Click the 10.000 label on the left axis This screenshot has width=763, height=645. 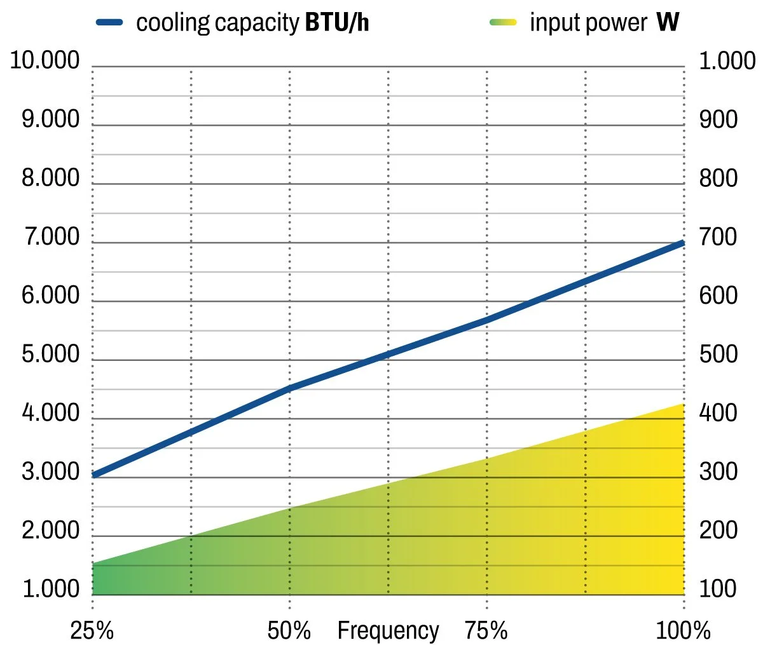45,61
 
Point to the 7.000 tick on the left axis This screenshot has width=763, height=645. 51,238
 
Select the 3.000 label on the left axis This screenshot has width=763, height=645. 51,472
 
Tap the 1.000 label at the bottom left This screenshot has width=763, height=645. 51,589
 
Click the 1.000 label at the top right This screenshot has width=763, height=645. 727,61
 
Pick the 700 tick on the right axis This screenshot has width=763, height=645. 718,238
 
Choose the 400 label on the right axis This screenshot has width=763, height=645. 718,414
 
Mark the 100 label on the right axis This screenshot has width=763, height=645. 718,589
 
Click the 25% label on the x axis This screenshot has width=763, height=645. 92,631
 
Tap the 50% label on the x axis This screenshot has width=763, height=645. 289,631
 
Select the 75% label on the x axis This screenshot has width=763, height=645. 486,631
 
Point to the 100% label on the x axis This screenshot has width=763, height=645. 684,631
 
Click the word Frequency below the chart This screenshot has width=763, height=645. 388,631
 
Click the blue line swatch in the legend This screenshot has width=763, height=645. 109,22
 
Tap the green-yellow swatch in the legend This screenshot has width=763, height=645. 503,22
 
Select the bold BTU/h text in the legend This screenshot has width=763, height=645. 337,23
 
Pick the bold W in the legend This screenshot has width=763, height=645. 668,23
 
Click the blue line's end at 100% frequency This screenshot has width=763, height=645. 683,243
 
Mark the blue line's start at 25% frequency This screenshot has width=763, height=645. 94,475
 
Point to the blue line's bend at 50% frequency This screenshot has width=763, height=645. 290,388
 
